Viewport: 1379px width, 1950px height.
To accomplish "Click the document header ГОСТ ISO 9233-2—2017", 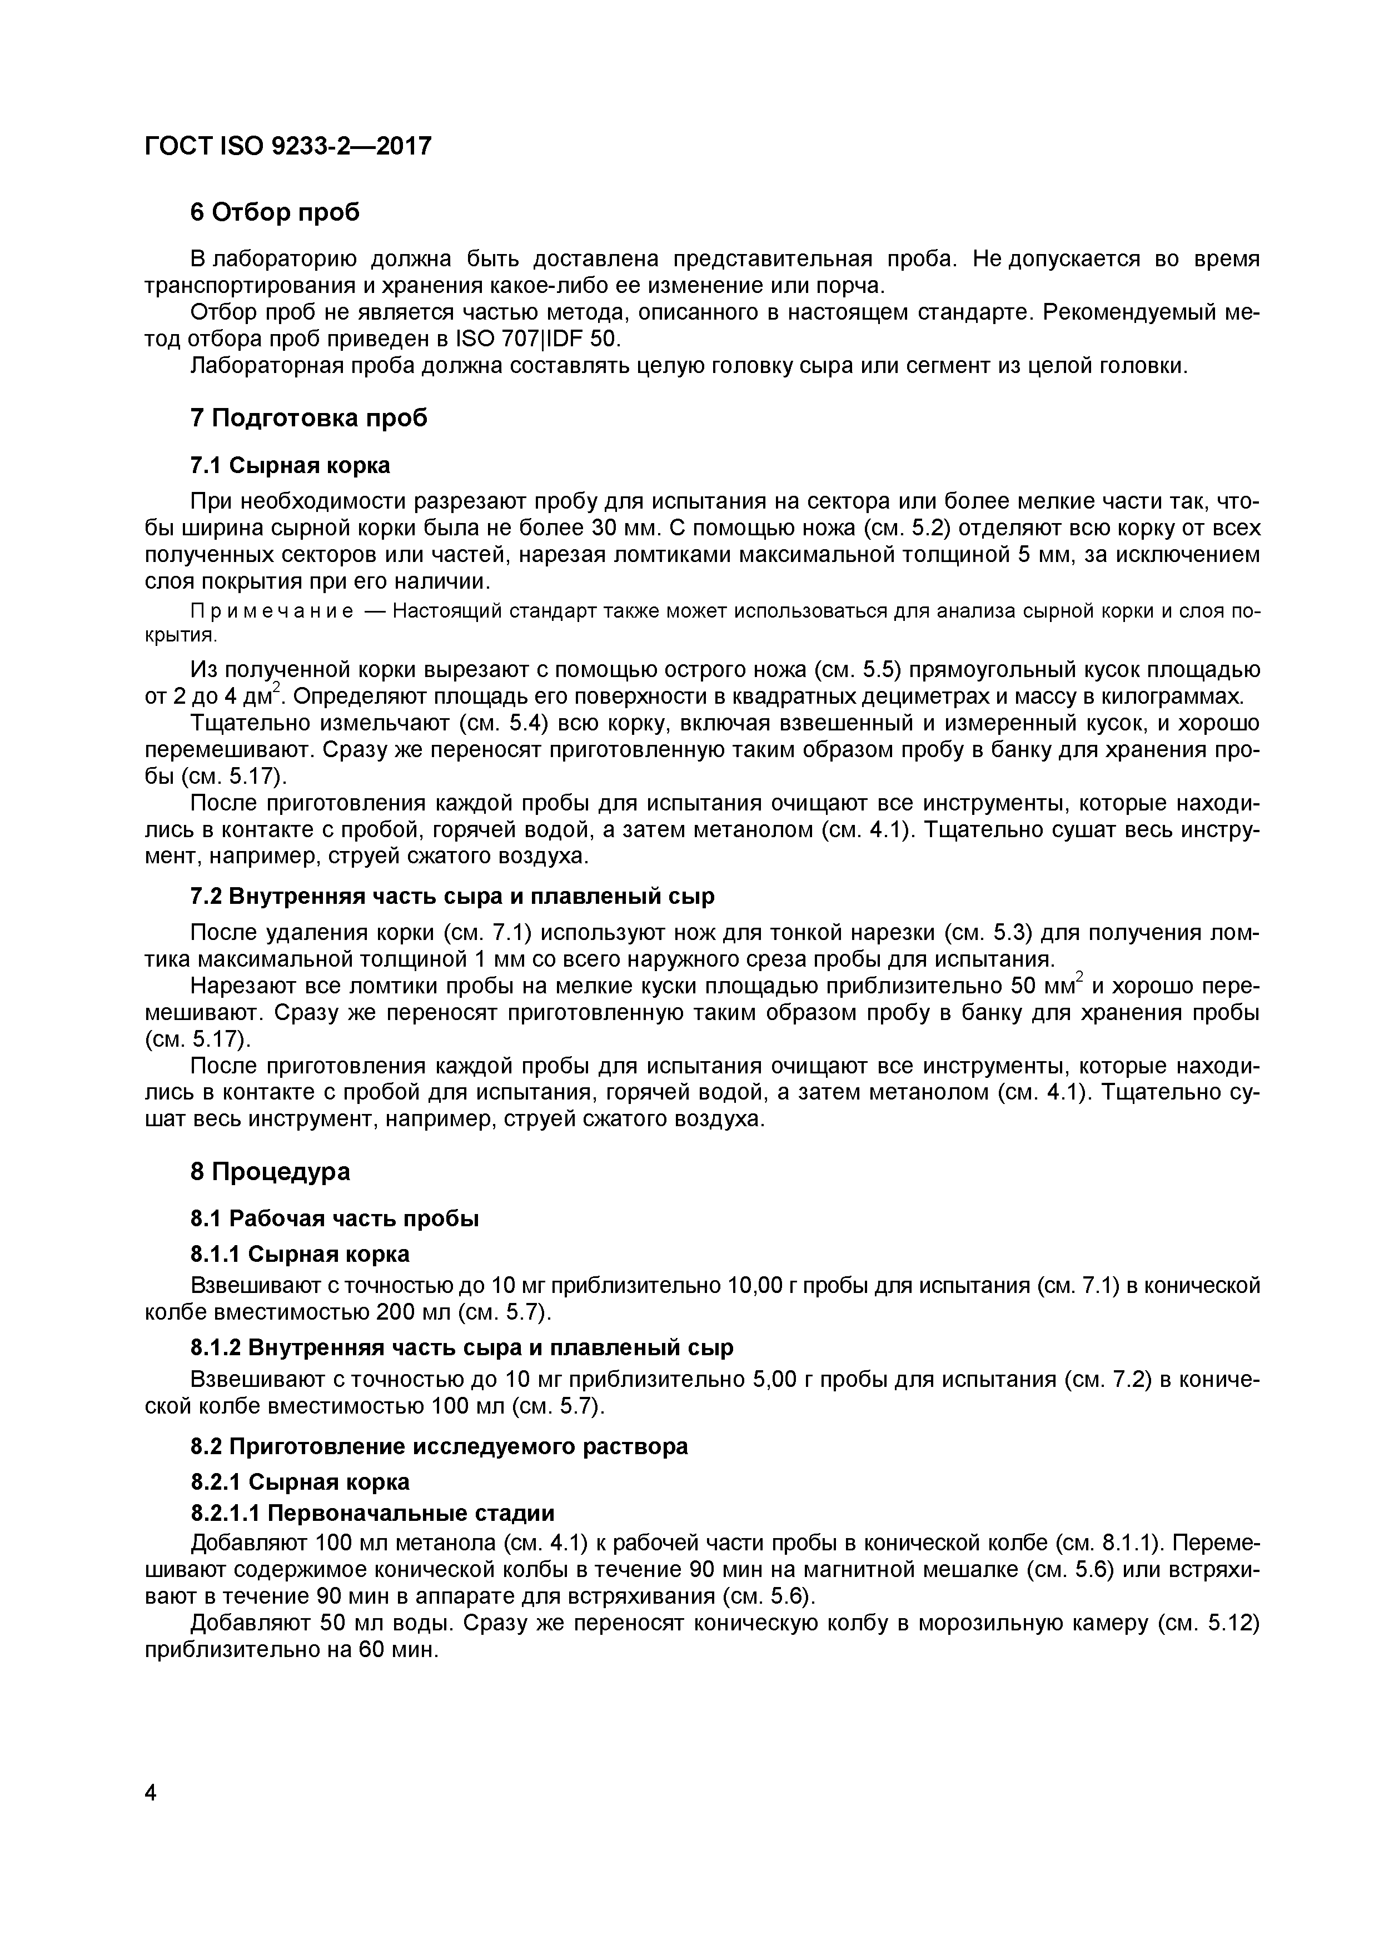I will pyautogui.click(x=288, y=147).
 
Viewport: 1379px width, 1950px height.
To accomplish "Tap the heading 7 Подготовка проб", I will pyautogui.click(x=308, y=418).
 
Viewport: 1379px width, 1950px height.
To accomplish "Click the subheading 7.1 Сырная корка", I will pyautogui.click(x=290, y=465).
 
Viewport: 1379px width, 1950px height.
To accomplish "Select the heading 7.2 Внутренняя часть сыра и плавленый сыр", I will pyautogui.click(x=452, y=896).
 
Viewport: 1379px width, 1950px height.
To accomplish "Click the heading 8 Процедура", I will pyautogui.click(x=270, y=1172).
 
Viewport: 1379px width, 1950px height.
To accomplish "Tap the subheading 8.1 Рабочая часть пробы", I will pyautogui.click(x=335, y=1218).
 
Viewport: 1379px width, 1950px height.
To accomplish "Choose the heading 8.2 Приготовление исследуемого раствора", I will pyautogui.click(x=439, y=1446).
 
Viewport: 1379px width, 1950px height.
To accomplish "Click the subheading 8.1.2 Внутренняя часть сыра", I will pyautogui.click(x=462, y=1348).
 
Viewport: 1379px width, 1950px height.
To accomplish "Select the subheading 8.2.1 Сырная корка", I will pyautogui.click(x=299, y=1482).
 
